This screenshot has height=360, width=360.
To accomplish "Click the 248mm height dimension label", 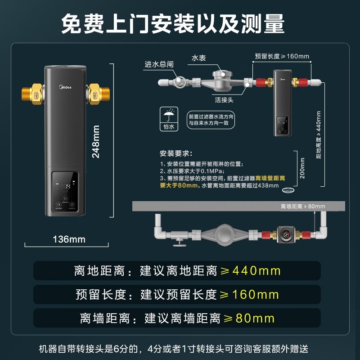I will (96, 141).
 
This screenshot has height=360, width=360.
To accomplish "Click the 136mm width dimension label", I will (69, 239).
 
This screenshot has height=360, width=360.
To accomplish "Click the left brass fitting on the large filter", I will (33, 93).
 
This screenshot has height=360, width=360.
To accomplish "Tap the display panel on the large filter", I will (66, 191).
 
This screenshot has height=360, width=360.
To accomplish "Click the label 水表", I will (199, 58).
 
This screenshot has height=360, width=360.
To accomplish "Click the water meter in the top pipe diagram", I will (222, 81).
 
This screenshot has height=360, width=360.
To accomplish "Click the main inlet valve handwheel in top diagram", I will (180, 82).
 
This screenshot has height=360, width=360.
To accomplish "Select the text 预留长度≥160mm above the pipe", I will (282, 56).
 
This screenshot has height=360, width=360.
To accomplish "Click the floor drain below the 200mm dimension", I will (288, 191).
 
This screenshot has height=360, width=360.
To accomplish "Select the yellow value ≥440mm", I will (249, 271).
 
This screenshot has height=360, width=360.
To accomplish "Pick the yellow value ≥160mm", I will (249, 295).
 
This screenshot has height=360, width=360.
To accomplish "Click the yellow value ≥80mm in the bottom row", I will (249, 318).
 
